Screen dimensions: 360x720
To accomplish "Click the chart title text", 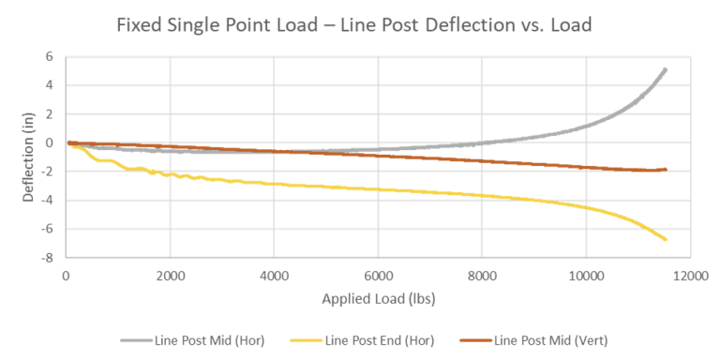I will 353,25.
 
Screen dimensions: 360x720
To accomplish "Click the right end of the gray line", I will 665,69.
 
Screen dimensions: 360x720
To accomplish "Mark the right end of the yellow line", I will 665,239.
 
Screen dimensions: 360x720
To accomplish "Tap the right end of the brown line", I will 665,170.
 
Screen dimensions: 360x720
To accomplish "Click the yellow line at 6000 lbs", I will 378,189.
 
